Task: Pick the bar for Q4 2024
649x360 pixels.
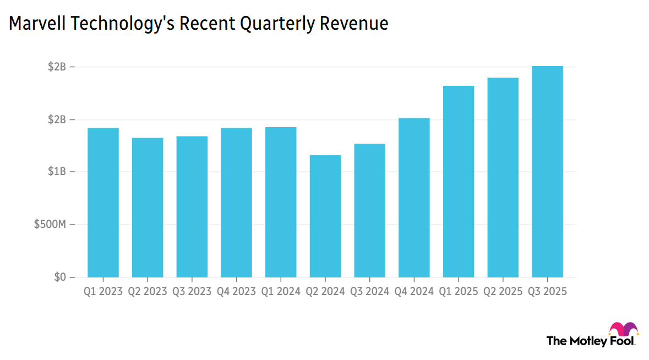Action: click(414, 198)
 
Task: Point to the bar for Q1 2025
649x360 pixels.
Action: click(459, 182)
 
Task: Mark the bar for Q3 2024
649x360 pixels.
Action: click(369, 210)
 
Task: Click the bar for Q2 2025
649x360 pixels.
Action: click(503, 177)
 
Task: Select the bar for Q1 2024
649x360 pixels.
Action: click(281, 202)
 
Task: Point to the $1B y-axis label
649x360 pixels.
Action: click(58, 172)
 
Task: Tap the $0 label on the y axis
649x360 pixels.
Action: click(59, 277)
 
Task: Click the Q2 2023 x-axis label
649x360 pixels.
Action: click(148, 292)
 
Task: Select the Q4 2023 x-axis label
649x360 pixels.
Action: click(236, 292)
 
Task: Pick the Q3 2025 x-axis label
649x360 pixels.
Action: click(547, 292)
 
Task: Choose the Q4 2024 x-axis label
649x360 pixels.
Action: click(414, 292)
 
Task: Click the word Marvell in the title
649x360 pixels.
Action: click(34, 24)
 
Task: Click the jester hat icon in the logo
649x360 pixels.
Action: click(624, 329)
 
